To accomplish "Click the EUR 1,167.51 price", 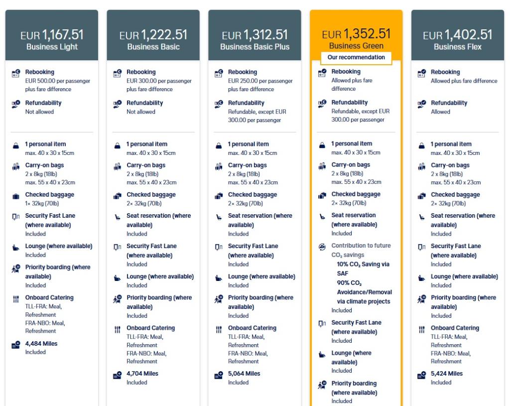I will click(x=52, y=35).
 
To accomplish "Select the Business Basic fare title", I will click(x=153, y=47).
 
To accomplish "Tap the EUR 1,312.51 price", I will click(x=255, y=35).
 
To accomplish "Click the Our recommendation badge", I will click(x=356, y=57).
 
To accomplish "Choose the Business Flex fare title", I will click(x=457, y=47).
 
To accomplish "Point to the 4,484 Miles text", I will click(x=41, y=344).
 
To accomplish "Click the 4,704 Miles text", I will click(x=142, y=374).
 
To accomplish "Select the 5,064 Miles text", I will click(x=244, y=374).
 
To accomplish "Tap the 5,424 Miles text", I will click(x=447, y=374).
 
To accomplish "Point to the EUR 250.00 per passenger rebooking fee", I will click(x=260, y=81).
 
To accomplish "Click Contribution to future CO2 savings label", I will click(x=361, y=250).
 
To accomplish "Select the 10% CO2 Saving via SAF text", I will click(x=363, y=269).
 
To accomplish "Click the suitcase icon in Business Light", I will click(x=16, y=196).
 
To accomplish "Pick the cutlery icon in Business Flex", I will click(x=422, y=329).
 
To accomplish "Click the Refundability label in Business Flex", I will click(x=449, y=103).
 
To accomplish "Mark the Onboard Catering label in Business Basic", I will click(x=150, y=328).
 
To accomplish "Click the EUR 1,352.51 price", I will click(x=356, y=34).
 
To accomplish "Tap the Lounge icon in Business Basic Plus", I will click(x=219, y=278).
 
